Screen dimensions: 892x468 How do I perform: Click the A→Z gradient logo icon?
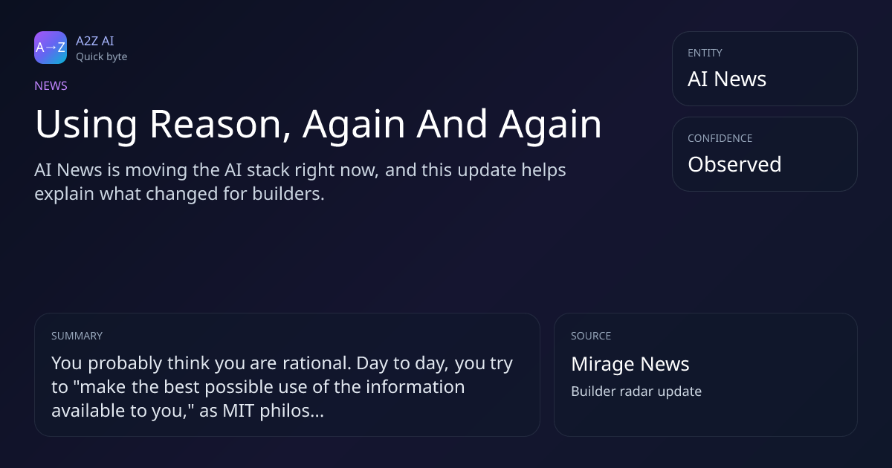tap(51, 48)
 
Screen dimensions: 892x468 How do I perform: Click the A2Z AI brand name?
tap(95, 41)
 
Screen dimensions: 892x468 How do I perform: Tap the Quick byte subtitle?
tap(102, 57)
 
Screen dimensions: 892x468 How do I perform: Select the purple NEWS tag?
tap(51, 86)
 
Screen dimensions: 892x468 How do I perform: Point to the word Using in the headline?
tap(86, 125)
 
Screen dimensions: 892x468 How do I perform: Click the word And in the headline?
tap(452, 124)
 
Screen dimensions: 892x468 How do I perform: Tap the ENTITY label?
tap(705, 53)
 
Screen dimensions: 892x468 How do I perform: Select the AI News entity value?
tap(727, 79)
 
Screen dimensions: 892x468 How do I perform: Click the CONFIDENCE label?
tap(720, 138)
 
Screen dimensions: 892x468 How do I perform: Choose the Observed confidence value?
tap(734, 164)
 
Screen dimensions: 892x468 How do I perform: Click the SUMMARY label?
tap(77, 336)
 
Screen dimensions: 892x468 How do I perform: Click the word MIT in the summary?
tap(238, 411)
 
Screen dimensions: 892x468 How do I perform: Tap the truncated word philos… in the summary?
tap(292, 411)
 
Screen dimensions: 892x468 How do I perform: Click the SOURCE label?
tap(591, 336)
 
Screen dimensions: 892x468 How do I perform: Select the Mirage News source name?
tap(630, 364)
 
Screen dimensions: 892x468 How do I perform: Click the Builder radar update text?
tap(636, 391)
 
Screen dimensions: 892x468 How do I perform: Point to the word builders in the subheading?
tap(288, 194)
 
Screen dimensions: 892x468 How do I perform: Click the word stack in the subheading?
tap(268, 170)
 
